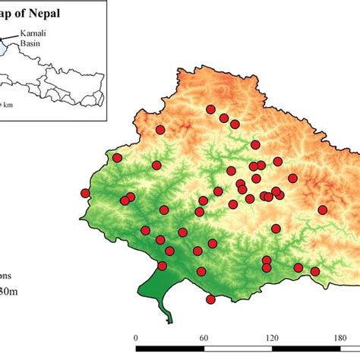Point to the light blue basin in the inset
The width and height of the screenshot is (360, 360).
click(x=4, y=47)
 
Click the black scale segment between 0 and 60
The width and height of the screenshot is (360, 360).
click(x=169, y=350)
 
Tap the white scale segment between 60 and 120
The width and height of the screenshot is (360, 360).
click(x=238, y=350)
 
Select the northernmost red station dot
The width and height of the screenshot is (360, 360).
click(x=210, y=109)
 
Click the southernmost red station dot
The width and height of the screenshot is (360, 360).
click(x=210, y=299)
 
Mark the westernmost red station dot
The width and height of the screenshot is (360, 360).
click(x=85, y=193)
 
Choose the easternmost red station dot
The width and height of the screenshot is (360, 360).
click(x=322, y=210)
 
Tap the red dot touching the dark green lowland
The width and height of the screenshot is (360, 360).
click(x=162, y=266)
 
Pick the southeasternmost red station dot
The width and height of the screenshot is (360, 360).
click(x=315, y=271)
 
